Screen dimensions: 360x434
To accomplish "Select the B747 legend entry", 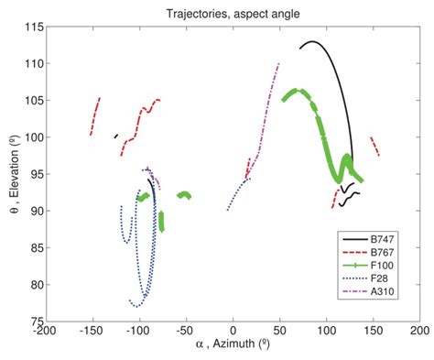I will click(384, 238).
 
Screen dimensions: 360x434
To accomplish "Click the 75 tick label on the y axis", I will click(35, 322).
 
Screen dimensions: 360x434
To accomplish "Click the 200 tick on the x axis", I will click(419, 333).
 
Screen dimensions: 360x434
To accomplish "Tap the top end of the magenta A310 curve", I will click(278, 63).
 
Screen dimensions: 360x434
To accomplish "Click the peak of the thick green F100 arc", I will click(296, 90).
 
